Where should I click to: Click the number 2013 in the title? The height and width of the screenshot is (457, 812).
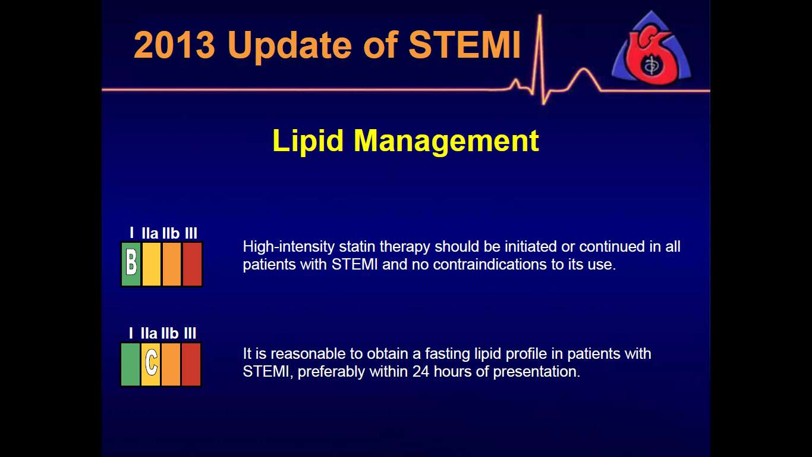point(175,45)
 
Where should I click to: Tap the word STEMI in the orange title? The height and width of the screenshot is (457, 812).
point(465,45)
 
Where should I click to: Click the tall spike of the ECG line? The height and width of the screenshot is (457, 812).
point(540,55)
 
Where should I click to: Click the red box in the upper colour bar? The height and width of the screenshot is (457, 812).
point(192,264)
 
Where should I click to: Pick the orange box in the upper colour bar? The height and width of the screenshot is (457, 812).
point(171,264)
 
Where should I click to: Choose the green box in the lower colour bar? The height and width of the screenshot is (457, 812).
point(130,364)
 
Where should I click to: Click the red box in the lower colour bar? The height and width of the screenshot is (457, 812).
point(191,364)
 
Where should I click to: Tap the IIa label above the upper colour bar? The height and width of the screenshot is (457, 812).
point(150,233)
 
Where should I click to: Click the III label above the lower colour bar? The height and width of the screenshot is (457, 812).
point(190,333)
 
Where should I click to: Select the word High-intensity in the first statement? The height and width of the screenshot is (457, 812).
point(289,247)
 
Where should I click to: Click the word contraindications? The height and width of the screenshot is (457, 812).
point(490,264)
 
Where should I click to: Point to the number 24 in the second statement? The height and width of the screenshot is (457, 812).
point(421,372)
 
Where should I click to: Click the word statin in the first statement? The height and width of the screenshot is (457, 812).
point(356,247)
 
